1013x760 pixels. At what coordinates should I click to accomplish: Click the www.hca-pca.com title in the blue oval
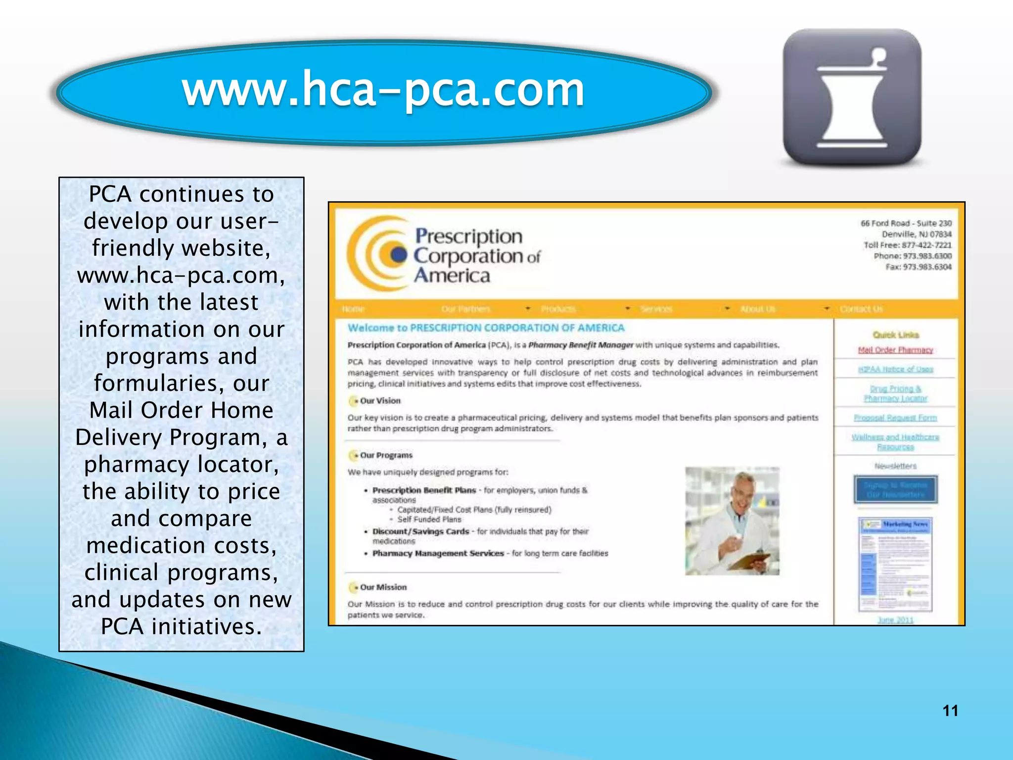click(x=383, y=90)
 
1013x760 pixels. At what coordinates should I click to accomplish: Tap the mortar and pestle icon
click(x=852, y=97)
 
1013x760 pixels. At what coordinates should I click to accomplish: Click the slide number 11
click(x=950, y=711)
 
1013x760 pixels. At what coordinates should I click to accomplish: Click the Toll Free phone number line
click(x=907, y=245)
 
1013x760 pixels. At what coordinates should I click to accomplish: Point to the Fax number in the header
click(x=918, y=267)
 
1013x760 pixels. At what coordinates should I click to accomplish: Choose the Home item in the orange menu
click(x=353, y=309)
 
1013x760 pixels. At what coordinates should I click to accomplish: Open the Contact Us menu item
click(x=861, y=309)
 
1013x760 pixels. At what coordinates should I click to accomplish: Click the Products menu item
click(x=558, y=309)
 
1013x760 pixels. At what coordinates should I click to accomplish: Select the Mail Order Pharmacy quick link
click(x=895, y=350)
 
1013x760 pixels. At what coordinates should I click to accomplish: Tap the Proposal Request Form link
click(x=895, y=418)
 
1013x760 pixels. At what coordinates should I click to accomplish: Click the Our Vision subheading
click(x=380, y=401)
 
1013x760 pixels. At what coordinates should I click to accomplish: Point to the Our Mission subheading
click(x=383, y=587)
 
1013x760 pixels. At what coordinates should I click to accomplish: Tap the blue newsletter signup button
click(x=895, y=490)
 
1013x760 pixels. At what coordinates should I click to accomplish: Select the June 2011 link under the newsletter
click(x=895, y=620)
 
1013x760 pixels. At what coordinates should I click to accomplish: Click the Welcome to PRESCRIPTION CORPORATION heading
click(x=486, y=328)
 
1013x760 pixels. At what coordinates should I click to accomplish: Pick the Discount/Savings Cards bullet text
click(x=420, y=531)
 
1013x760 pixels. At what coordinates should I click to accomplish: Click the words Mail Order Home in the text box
click(x=181, y=410)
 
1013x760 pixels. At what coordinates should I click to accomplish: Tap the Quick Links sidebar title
click(x=896, y=335)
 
